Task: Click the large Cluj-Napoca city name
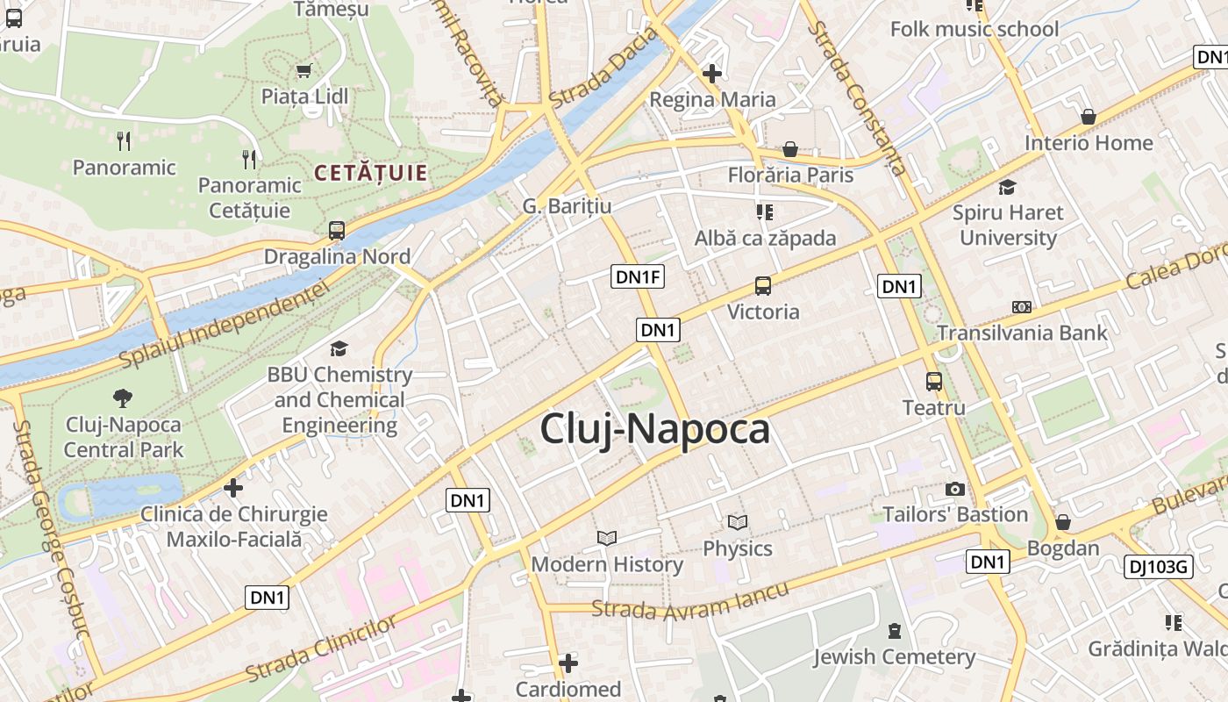pyautogui.click(x=655, y=429)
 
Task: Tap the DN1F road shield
pyautogui.click(x=638, y=277)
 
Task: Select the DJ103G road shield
pyautogui.click(x=1158, y=567)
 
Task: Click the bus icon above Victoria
pyautogui.click(x=763, y=286)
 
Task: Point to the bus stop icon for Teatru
pyautogui.click(x=934, y=382)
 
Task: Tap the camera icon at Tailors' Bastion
pyautogui.click(x=955, y=489)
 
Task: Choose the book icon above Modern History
pyautogui.click(x=607, y=538)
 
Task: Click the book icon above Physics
pyautogui.click(x=738, y=523)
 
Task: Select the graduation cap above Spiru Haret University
pyautogui.click(x=1008, y=187)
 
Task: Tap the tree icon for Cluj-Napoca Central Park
pyautogui.click(x=124, y=398)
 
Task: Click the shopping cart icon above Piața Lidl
pyautogui.click(x=304, y=70)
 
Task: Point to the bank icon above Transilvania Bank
pyautogui.click(x=1022, y=307)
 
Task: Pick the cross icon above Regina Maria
pyautogui.click(x=712, y=74)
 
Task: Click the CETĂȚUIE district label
pyautogui.click(x=370, y=173)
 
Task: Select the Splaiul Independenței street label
pyautogui.click(x=224, y=325)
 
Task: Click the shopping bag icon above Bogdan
pyautogui.click(x=1063, y=522)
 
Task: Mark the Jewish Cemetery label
pyautogui.click(x=894, y=656)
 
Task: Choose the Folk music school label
pyautogui.click(x=975, y=29)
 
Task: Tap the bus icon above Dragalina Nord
pyautogui.click(x=337, y=231)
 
